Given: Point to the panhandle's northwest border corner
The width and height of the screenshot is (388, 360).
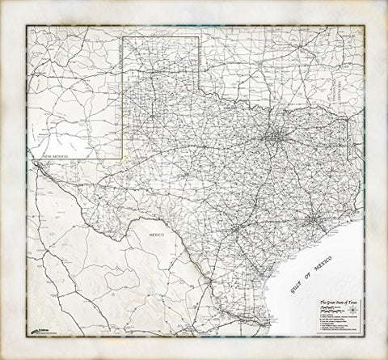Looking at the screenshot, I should (123, 37).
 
